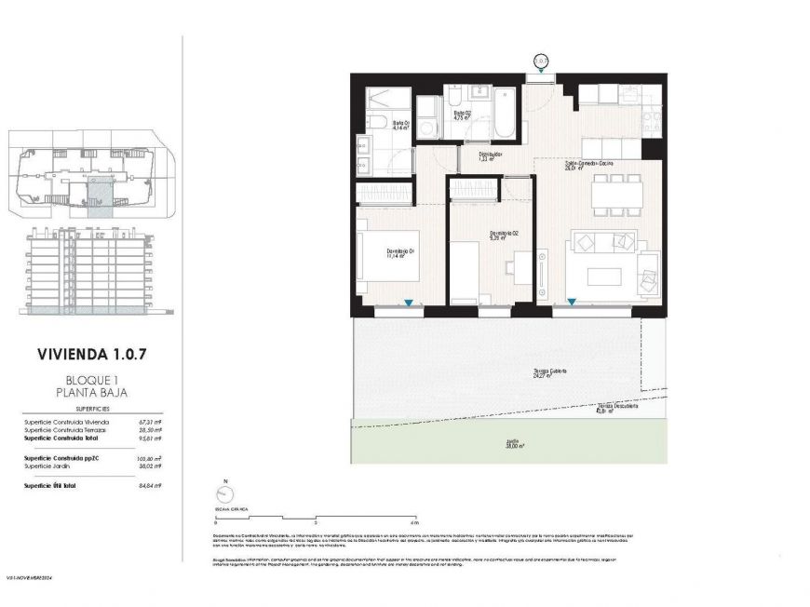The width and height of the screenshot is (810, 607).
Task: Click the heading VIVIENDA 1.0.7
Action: click(x=92, y=354)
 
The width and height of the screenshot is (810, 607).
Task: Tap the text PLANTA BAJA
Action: click(x=92, y=394)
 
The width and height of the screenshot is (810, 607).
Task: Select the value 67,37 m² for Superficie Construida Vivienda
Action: click(x=150, y=421)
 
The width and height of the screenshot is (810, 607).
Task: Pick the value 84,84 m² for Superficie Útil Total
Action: click(x=150, y=485)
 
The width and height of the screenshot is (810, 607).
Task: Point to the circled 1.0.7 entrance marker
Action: click(x=541, y=61)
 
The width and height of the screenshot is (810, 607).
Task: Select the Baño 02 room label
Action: click(x=462, y=115)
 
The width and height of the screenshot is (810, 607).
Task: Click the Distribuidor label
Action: click(x=491, y=155)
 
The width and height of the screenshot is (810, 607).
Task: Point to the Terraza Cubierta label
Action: click(x=549, y=373)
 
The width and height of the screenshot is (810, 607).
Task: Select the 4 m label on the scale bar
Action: click(x=413, y=524)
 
